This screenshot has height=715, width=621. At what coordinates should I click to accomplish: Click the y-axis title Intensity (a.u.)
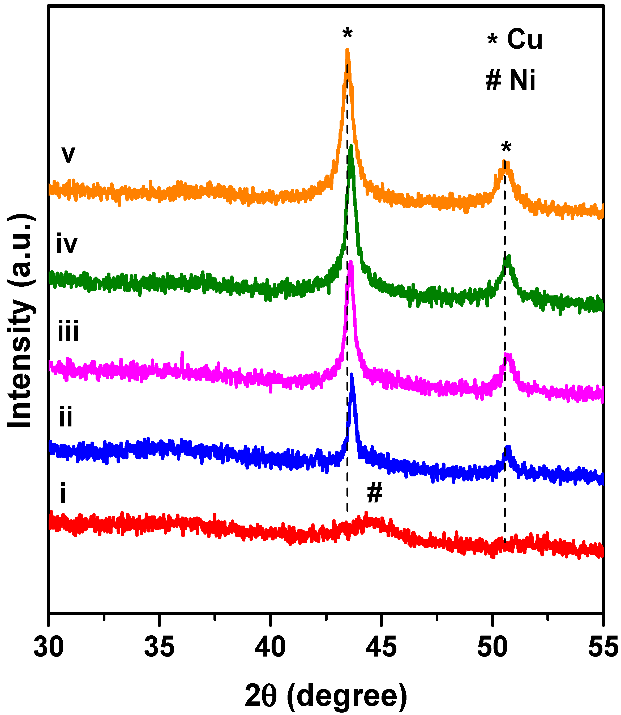coord(21,321)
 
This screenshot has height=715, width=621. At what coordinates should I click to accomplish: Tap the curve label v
coord(68,155)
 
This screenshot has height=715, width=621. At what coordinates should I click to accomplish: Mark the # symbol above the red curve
coord(375,492)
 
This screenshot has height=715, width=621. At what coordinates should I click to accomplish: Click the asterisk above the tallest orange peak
coord(347,34)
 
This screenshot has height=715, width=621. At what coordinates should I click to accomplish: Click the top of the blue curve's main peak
coord(352,375)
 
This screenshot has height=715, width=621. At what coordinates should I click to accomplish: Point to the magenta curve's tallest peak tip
coord(351,262)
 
